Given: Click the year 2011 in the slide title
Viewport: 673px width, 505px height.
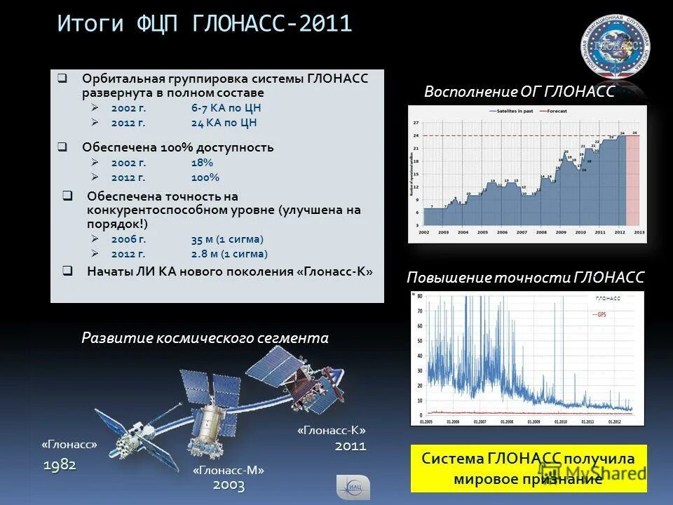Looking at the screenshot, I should click(325, 24).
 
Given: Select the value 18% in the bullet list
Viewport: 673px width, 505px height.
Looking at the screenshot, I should click(202, 163).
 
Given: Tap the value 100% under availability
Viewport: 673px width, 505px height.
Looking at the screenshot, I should click(205, 177).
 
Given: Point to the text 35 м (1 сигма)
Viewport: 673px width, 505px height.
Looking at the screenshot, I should click(227, 239).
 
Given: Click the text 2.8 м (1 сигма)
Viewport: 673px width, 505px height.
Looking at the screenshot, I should click(229, 254).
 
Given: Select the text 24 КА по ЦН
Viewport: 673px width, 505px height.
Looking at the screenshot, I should click(224, 122).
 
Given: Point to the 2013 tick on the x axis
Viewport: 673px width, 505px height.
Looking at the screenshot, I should click(639, 232).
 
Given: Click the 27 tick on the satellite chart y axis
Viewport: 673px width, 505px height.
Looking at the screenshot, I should click(416, 123).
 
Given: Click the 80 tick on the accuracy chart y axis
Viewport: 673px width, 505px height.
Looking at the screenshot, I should click(419, 296).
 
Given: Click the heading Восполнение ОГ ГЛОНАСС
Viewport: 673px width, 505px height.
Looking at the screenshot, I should click(519, 91).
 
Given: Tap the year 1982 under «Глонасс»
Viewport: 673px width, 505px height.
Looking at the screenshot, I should click(60, 464).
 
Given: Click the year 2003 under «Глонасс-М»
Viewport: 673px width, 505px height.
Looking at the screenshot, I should click(229, 485).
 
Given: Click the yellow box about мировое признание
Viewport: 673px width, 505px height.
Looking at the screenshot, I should click(529, 468).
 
